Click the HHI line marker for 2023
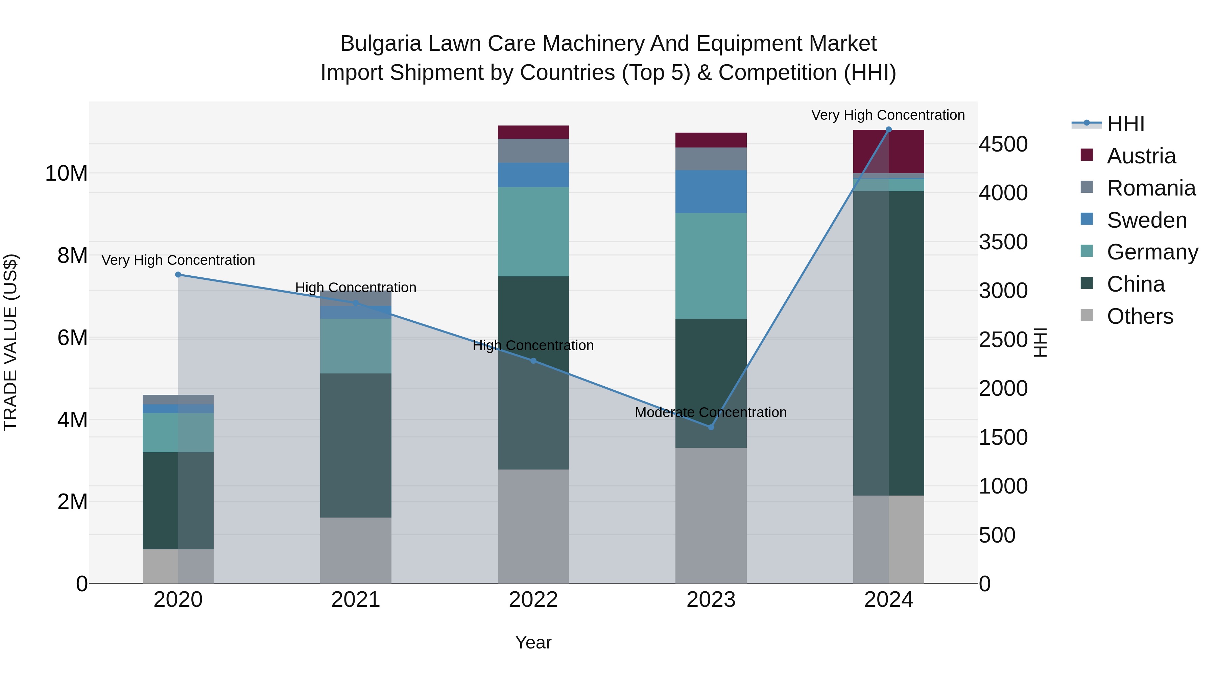(711, 427)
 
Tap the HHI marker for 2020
(178, 275)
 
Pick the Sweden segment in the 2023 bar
(711, 191)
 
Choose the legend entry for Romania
(1151, 188)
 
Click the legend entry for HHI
(1125, 124)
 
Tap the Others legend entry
(1140, 316)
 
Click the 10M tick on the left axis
(66, 174)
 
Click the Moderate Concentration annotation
(711, 412)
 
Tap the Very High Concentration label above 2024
(888, 115)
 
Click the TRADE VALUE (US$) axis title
(10, 342)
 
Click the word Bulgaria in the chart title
(380, 44)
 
